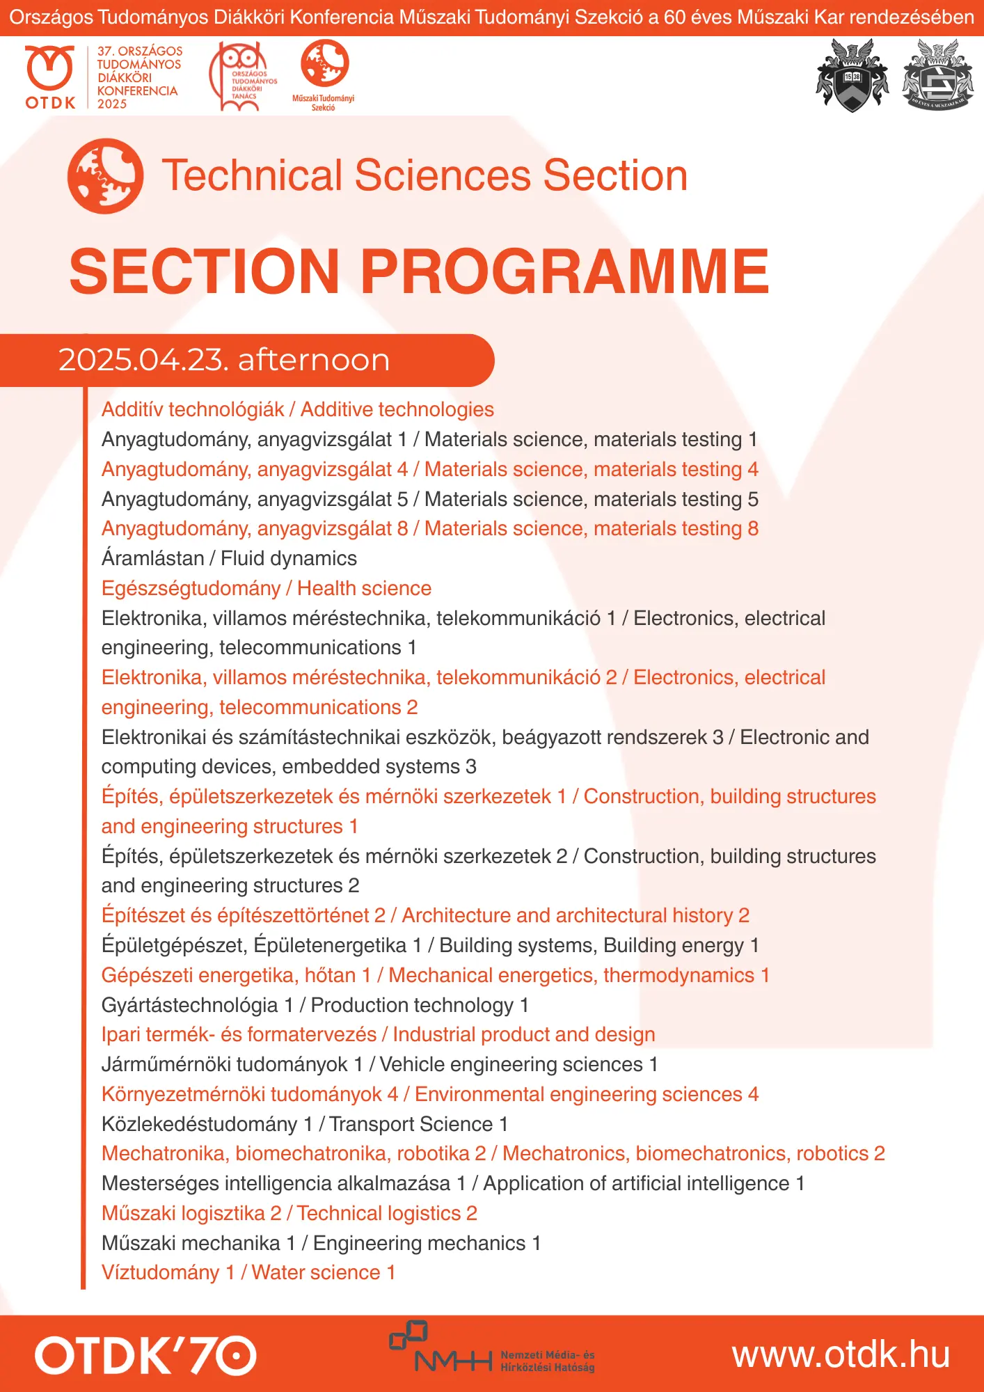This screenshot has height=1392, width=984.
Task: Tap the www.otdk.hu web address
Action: (841, 1355)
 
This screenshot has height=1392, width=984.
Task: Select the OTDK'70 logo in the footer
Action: (145, 1354)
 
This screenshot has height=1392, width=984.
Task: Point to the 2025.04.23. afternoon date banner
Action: (224, 360)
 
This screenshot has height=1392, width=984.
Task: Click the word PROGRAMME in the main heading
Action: (564, 271)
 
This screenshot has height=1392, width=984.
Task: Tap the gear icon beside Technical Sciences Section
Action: (106, 176)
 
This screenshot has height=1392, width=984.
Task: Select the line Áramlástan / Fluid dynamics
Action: (229, 558)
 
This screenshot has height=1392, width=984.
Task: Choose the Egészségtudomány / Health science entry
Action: (267, 588)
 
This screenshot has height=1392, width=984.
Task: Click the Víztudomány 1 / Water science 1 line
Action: (248, 1272)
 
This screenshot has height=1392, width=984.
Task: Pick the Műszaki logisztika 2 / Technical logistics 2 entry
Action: (289, 1213)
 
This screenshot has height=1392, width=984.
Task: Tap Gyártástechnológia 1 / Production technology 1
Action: (315, 1005)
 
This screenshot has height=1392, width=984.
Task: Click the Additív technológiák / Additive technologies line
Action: (298, 409)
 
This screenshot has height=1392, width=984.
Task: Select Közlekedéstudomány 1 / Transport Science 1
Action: (305, 1124)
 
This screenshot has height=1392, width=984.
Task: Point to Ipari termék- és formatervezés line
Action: (379, 1034)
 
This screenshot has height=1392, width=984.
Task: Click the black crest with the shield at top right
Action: (852, 75)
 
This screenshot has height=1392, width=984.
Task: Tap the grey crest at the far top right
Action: (937, 75)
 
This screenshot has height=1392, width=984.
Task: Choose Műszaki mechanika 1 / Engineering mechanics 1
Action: (321, 1243)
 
